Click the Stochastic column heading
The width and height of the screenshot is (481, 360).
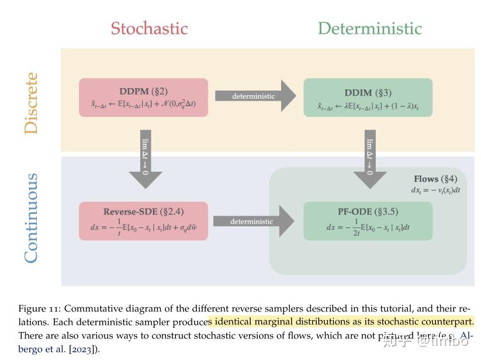pyautogui.click(x=149, y=28)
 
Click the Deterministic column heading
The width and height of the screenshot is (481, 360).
pyautogui.click(x=369, y=28)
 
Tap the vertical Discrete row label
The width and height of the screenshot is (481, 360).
pyautogui.click(x=31, y=103)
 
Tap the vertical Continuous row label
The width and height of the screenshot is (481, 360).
pyautogui.click(x=31, y=217)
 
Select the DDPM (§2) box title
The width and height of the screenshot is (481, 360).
pyautogui.click(x=143, y=92)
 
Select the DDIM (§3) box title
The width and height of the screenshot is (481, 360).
pyautogui.click(x=368, y=93)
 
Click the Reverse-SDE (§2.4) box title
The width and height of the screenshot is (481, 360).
pyautogui.click(x=143, y=212)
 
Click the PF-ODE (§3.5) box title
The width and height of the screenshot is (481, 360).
pyautogui.click(x=368, y=212)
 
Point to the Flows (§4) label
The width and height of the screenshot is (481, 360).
pyautogui.click(x=435, y=179)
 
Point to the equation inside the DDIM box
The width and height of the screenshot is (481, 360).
pyautogui.click(x=368, y=106)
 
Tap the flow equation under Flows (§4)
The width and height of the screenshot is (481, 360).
pyautogui.click(x=435, y=190)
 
